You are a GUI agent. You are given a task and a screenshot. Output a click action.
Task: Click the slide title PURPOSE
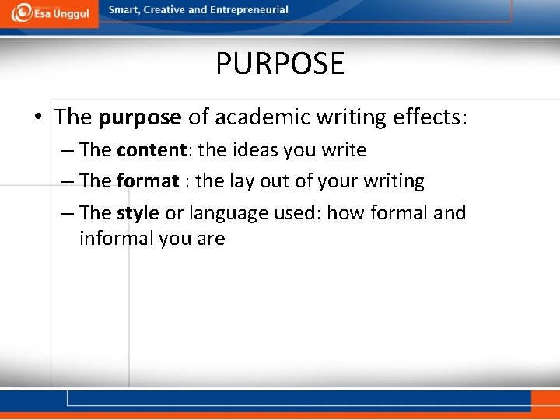pos(280,63)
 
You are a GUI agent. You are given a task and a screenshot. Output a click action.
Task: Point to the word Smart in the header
pos(124,10)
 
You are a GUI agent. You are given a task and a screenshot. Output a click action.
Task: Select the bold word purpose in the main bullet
pos(140,117)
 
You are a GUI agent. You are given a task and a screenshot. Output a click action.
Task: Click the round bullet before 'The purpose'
pos(38,117)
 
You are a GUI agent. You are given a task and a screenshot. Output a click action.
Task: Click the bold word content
pos(149,149)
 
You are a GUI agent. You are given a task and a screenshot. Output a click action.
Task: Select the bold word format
pos(148,181)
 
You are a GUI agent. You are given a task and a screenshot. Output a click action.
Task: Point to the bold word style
pos(138,212)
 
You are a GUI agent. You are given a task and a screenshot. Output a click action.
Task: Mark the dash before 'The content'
pos(67,150)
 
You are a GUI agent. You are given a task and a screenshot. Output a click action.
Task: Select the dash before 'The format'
pos(67,182)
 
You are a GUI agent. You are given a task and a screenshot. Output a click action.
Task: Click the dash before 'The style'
pos(67,213)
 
